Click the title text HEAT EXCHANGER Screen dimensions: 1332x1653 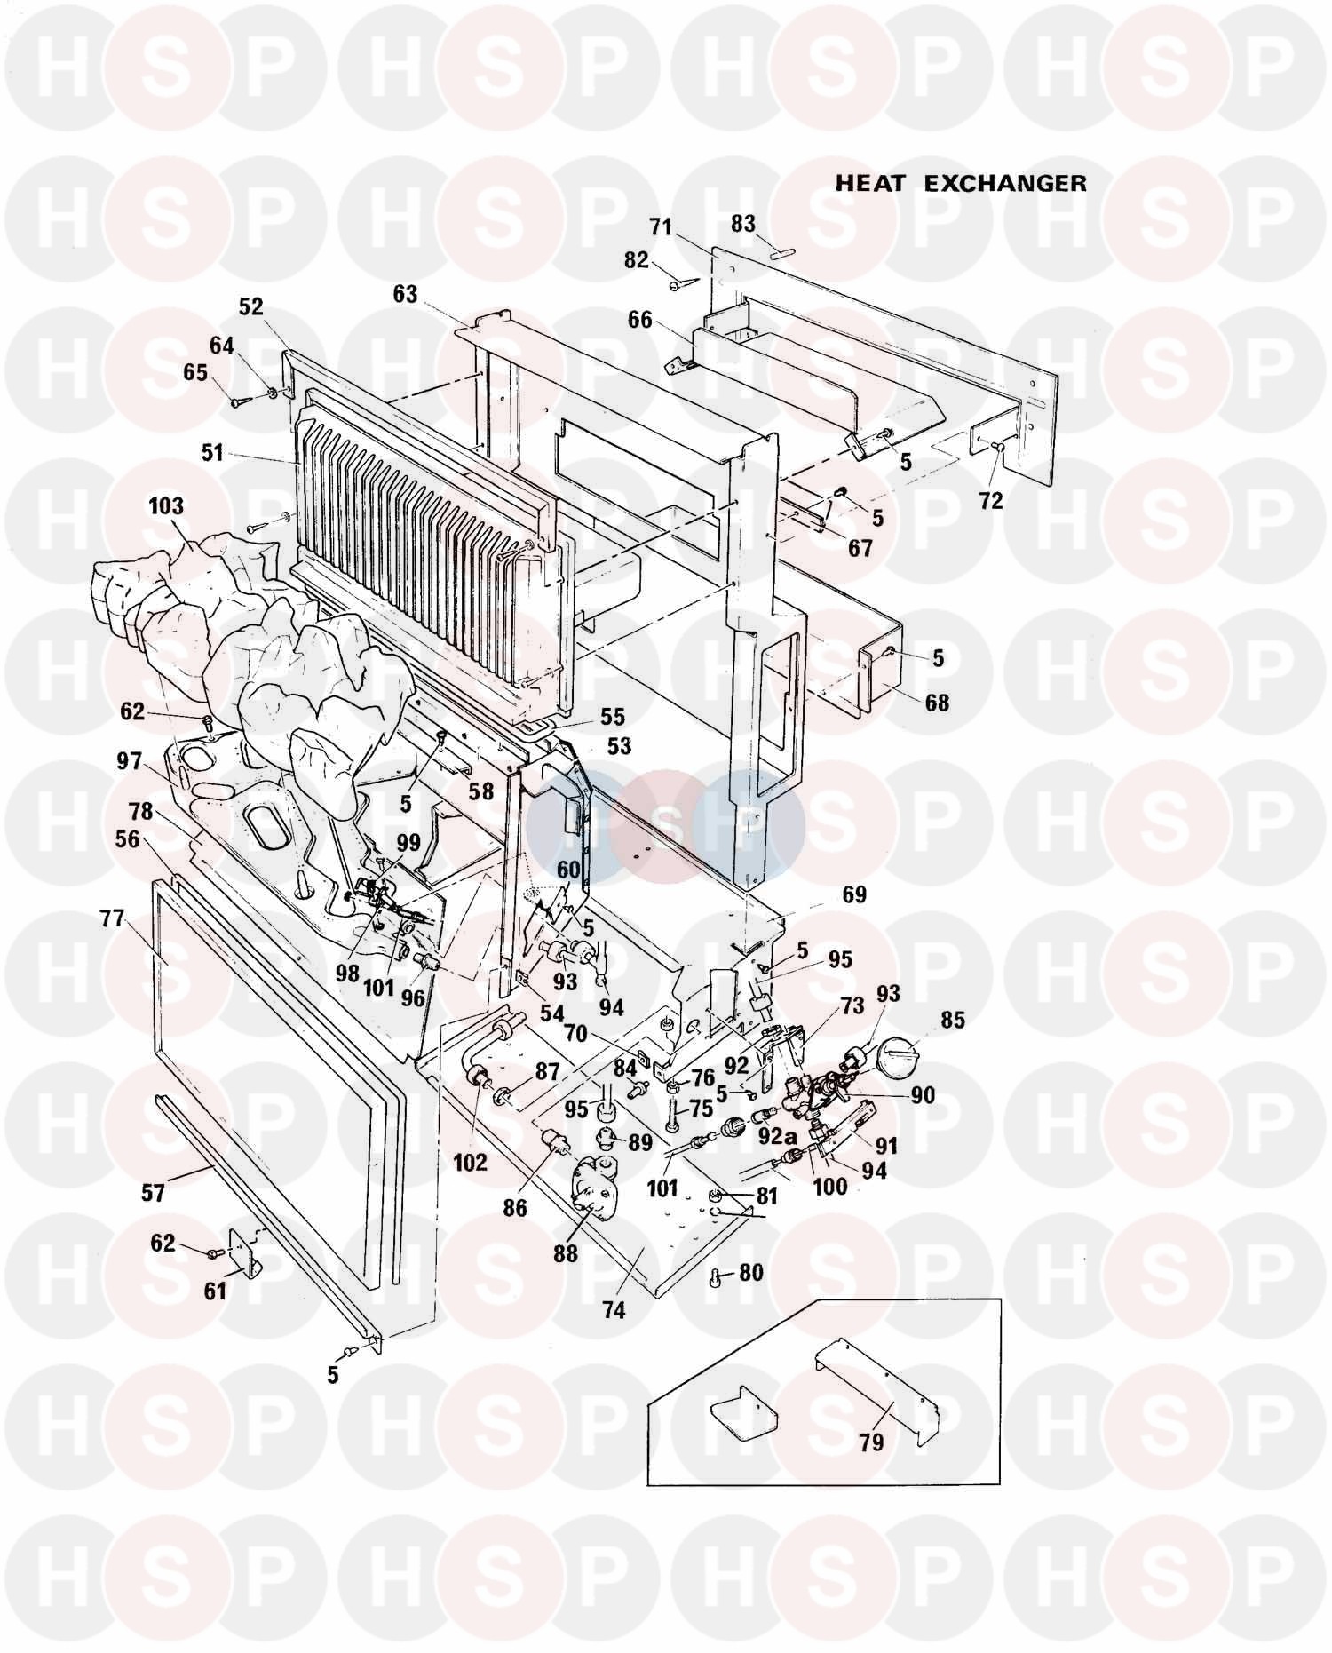pos(961,183)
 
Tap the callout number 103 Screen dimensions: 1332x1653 pos(166,505)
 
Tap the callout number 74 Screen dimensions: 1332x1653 pos(614,1310)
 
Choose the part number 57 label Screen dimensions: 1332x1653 pos(153,1192)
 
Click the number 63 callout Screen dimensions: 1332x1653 pos(405,294)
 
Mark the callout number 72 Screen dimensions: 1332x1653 pos(990,500)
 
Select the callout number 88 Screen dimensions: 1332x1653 pos(565,1252)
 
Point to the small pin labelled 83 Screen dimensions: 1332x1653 pos(783,252)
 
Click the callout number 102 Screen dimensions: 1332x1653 pos(470,1161)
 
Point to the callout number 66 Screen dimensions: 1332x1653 pos(639,319)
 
